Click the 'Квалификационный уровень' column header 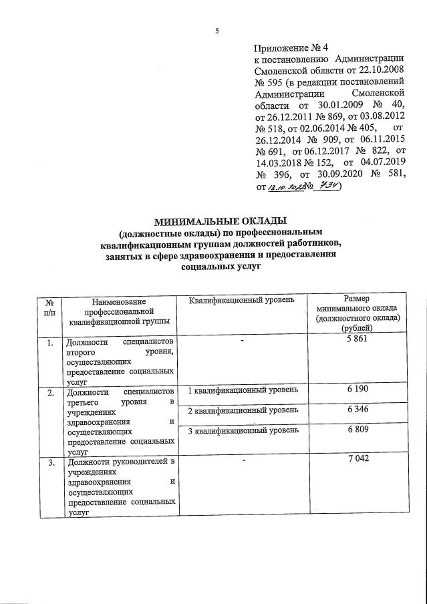pyautogui.click(x=241, y=300)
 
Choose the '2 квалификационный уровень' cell pyautogui.click(x=239, y=410)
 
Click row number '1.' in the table pyautogui.click(x=49, y=342)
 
